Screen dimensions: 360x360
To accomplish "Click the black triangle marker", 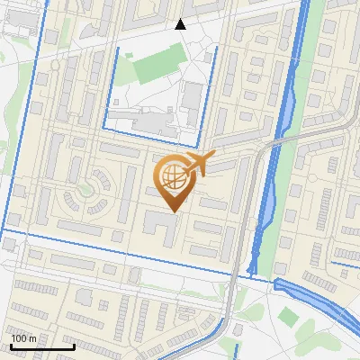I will tap(180, 24).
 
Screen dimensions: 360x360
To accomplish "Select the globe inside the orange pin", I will tap(172, 176).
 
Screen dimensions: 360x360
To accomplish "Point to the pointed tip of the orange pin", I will tap(172, 211).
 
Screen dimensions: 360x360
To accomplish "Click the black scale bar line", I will tap(41, 346).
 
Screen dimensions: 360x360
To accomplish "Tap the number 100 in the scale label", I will tap(19, 338).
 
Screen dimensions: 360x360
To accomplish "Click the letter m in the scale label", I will tap(32, 338).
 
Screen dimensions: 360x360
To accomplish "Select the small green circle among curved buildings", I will tap(87, 190).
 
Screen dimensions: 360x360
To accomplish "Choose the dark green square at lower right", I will tap(287, 316).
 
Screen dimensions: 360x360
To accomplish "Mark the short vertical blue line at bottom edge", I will tap(235, 351).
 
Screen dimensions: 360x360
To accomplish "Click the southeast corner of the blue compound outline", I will tap(198, 145).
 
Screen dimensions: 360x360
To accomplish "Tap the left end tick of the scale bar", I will tap(11, 346).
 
